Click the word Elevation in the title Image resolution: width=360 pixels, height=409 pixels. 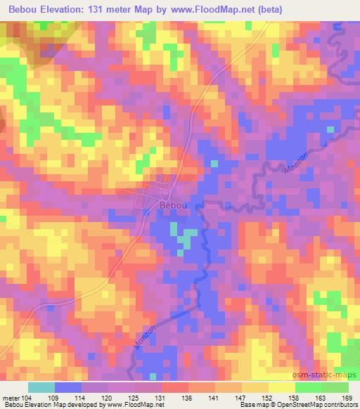click(x=67, y=10)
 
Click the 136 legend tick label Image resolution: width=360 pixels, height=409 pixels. click(x=188, y=397)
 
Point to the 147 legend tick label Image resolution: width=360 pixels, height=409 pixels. click(x=242, y=397)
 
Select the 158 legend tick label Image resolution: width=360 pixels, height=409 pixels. click(x=295, y=397)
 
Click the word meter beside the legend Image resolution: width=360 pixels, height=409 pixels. click(x=12, y=397)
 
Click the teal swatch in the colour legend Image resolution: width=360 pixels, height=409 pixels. click(x=41, y=387)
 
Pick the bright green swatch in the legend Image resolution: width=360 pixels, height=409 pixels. click(x=309, y=387)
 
